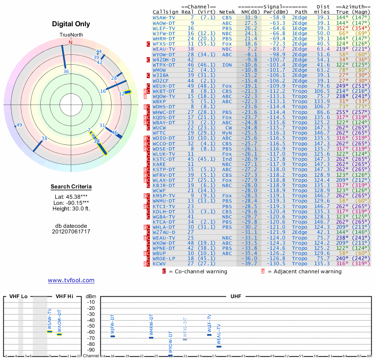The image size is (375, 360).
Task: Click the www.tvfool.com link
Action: [71, 280]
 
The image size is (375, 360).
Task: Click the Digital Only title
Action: [71, 24]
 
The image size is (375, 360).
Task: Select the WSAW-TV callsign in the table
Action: [165, 17]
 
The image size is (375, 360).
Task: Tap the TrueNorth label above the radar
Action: [70, 35]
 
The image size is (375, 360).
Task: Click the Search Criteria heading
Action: [71, 187]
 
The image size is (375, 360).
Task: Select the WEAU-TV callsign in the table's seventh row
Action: [165, 49]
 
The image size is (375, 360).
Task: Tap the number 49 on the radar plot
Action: [19, 125]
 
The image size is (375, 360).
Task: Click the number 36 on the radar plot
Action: [66, 72]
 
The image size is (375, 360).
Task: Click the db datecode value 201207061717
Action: [71, 232]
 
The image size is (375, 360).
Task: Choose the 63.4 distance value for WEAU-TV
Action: [323, 49]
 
